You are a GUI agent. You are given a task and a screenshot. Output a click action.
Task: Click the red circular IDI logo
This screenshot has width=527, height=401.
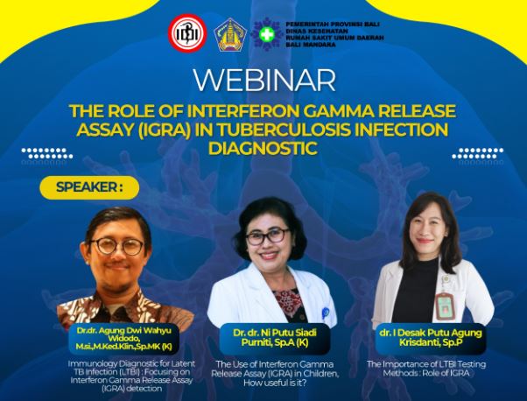pos(187,33)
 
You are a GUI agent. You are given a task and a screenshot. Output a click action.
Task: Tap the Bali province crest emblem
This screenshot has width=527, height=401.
pos(230,35)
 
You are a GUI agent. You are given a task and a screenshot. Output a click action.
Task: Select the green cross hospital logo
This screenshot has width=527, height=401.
pos(268,35)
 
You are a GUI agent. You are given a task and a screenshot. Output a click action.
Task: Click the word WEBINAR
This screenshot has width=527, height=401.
pos(264,81)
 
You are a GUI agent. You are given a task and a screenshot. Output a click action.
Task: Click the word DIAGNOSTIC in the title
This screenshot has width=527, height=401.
pos(263,148)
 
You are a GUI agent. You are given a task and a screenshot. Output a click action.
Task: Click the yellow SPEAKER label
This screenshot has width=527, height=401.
pos(89,187)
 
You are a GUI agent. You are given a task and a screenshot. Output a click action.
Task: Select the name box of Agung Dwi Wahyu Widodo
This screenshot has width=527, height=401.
pos(123,339)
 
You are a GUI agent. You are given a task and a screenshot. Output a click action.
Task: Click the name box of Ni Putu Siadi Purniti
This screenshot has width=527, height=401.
pos(275,337)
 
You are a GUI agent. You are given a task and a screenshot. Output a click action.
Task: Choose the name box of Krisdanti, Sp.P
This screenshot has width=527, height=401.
pos(431,337)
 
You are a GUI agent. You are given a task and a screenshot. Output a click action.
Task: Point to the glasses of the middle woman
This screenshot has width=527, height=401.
pos(268,236)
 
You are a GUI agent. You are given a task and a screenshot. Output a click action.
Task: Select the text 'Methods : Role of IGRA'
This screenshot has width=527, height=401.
pos(425,373)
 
